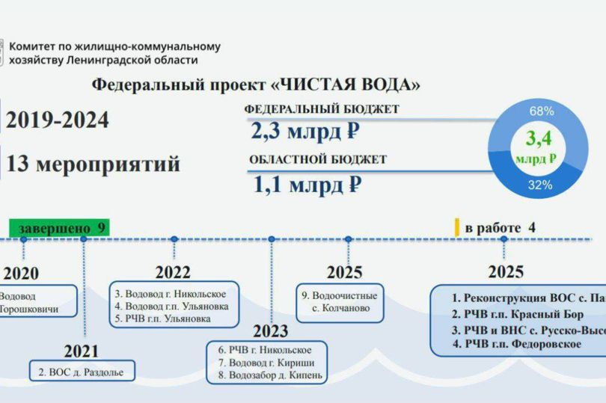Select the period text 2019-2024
click(x=57, y=120)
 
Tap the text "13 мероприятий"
click(x=93, y=164)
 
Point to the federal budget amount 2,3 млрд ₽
click(x=304, y=133)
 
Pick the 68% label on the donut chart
click(x=541, y=111)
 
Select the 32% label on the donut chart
click(x=541, y=185)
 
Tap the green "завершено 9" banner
click(x=60, y=227)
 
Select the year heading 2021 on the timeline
click(x=81, y=351)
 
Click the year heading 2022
click(x=173, y=272)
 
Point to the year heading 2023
click(x=270, y=331)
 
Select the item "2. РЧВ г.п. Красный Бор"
click(x=518, y=314)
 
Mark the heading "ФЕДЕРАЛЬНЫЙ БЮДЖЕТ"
click(x=322, y=109)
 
